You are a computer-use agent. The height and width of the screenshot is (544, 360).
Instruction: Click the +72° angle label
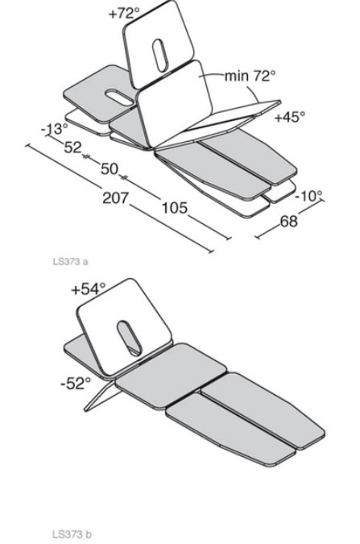click(124, 13)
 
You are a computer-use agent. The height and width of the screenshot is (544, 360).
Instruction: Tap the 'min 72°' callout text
click(250, 75)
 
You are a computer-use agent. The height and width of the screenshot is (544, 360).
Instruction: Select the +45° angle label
click(290, 117)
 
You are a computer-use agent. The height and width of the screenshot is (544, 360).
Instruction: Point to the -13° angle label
click(55, 129)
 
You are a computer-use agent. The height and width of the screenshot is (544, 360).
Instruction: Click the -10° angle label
click(308, 196)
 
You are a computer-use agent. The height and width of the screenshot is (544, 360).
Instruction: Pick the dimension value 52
click(72, 147)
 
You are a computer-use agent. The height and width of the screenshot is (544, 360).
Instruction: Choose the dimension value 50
click(110, 168)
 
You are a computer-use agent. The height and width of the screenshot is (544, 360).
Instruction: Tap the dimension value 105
click(175, 207)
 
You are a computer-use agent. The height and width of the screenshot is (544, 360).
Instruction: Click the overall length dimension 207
click(116, 197)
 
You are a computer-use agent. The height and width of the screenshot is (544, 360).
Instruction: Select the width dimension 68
click(288, 221)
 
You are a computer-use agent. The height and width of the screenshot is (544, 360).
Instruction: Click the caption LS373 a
click(70, 261)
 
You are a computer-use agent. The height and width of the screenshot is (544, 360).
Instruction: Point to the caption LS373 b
click(72, 534)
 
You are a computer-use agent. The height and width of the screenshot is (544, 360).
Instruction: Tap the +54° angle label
click(88, 289)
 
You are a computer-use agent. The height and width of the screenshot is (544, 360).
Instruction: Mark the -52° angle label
click(76, 384)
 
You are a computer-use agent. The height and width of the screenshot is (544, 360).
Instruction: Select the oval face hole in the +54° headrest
click(129, 338)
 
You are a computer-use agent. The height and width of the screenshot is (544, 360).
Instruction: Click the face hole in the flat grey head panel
click(119, 98)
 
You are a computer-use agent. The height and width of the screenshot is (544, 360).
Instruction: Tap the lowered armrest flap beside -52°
click(101, 397)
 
